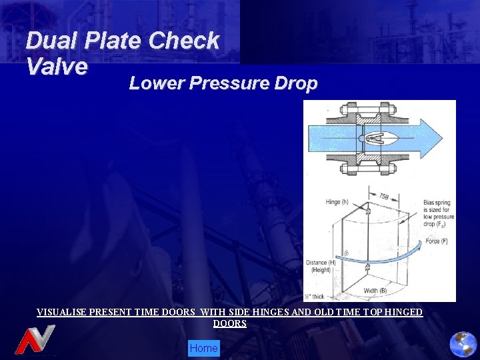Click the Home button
pyautogui.click(x=203, y=348)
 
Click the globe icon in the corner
pyautogui.click(x=463, y=345)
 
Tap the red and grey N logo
pyautogui.click(x=35, y=340)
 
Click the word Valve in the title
pyautogui.click(x=57, y=66)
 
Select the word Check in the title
pyautogui.click(x=184, y=41)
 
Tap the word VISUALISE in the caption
pyautogui.click(x=64, y=312)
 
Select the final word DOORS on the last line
pyautogui.click(x=230, y=323)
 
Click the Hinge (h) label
pyautogui.click(x=337, y=202)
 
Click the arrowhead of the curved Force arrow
pyautogui.click(x=420, y=245)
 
